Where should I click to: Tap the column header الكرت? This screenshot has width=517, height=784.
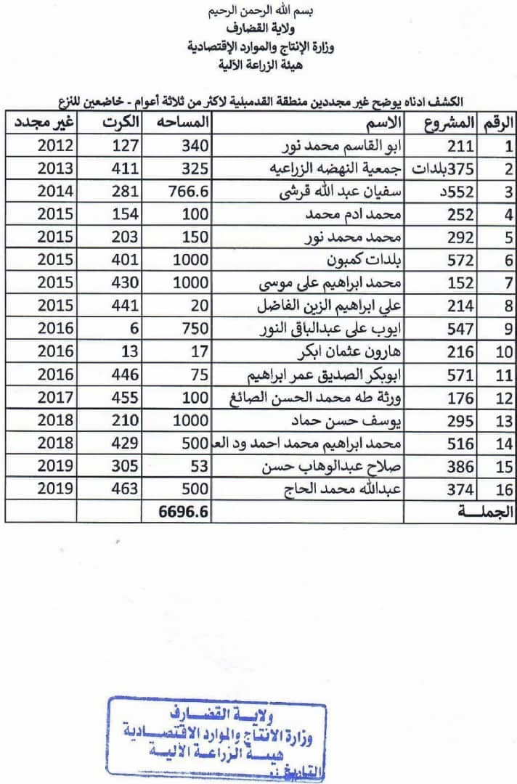point(119,121)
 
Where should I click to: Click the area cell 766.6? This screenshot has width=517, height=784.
point(184,192)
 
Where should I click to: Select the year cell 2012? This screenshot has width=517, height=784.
point(54,145)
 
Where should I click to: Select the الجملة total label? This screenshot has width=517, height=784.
point(485,512)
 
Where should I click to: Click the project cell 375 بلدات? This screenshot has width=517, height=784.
point(443,169)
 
